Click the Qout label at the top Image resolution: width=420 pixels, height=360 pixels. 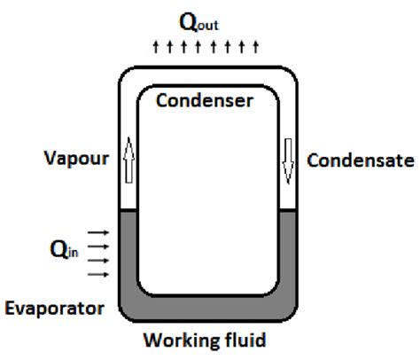point(209,20)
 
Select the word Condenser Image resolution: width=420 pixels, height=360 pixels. point(204,100)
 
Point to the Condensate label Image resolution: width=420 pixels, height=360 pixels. point(360,160)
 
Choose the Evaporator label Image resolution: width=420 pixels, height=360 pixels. point(54,308)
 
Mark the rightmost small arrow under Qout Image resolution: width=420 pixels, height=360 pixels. point(256,46)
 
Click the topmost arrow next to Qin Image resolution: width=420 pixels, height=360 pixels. point(99,233)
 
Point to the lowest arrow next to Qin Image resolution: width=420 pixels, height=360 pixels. point(99,274)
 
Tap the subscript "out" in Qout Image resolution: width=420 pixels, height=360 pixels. point(222,24)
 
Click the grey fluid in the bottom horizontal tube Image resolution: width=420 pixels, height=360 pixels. point(210,309)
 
